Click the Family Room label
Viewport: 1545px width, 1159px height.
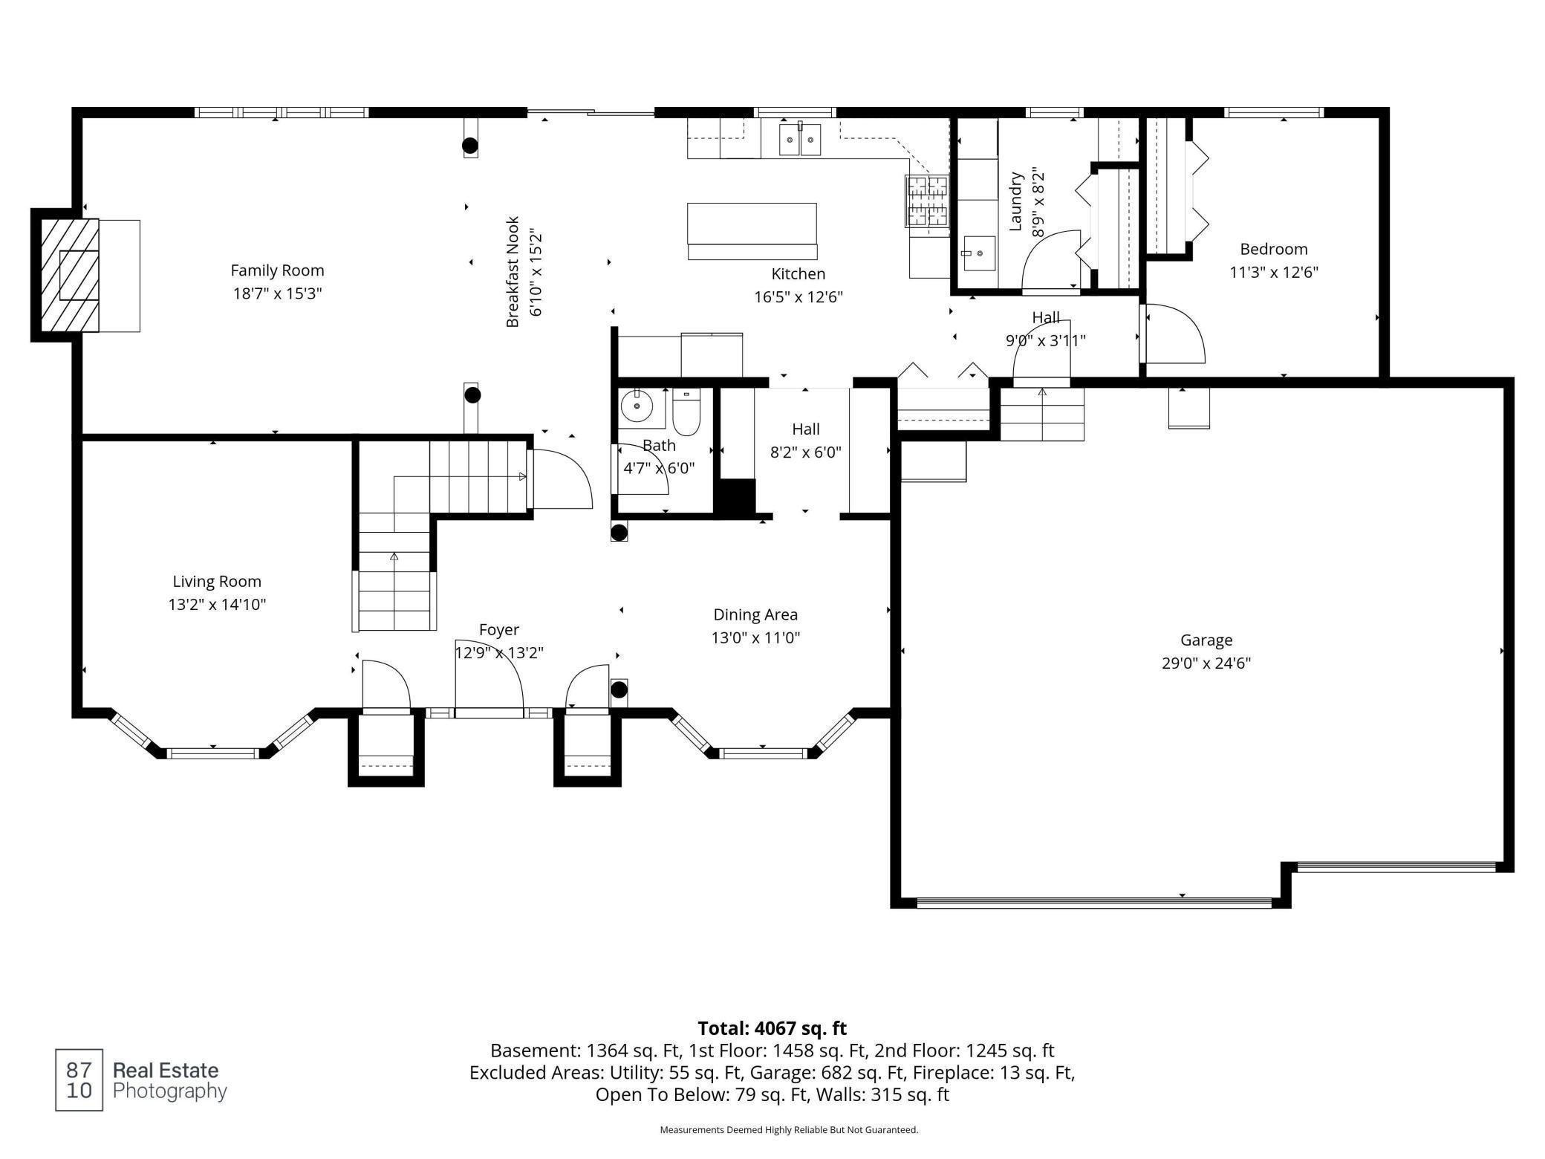point(277,270)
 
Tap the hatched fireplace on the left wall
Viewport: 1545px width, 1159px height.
point(70,275)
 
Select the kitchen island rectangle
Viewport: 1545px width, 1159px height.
point(752,224)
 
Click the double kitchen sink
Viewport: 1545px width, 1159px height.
point(800,140)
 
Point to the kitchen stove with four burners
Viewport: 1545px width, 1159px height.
point(926,201)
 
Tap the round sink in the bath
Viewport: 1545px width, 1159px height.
point(637,406)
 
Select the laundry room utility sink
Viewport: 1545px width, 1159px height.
point(980,254)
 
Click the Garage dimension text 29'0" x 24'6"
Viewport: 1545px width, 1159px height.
point(1206,663)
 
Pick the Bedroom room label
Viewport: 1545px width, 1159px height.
point(1273,249)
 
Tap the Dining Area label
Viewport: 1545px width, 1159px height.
point(755,614)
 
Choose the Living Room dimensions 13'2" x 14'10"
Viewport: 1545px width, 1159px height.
point(217,604)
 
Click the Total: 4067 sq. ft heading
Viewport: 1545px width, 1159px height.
point(772,1028)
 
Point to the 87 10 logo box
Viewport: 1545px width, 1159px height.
point(79,1080)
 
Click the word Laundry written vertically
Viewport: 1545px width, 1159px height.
point(1017,201)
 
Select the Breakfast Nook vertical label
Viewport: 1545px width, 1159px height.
point(513,272)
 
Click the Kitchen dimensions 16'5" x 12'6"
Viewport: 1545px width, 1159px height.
point(798,297)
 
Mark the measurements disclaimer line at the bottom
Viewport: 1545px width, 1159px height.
point(789,1130)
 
